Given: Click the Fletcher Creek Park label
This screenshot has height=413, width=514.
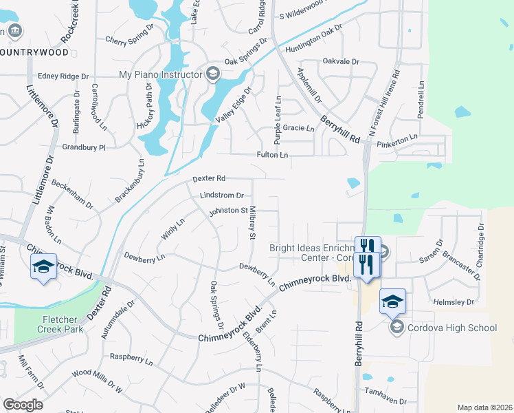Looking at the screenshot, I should pos(63,324).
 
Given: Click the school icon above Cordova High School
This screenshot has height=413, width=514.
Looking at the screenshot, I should pos(392,301).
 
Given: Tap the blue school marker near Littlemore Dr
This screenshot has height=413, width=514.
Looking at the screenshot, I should pos(43,267).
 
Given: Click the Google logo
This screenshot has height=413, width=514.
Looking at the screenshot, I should pos(23,405).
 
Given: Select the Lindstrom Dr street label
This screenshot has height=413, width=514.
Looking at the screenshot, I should pos(222,195).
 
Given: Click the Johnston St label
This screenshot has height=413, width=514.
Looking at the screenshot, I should pos(228,210).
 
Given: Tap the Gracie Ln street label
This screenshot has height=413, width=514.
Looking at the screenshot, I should pos(298,129).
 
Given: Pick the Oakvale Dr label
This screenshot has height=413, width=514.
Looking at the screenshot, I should pos(341,61).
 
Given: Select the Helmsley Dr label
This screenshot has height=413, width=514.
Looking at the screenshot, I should pos(454,302).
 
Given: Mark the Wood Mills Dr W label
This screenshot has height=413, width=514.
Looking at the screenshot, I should pos(97,381).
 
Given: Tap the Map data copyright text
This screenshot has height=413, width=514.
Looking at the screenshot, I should pos(484,407).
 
